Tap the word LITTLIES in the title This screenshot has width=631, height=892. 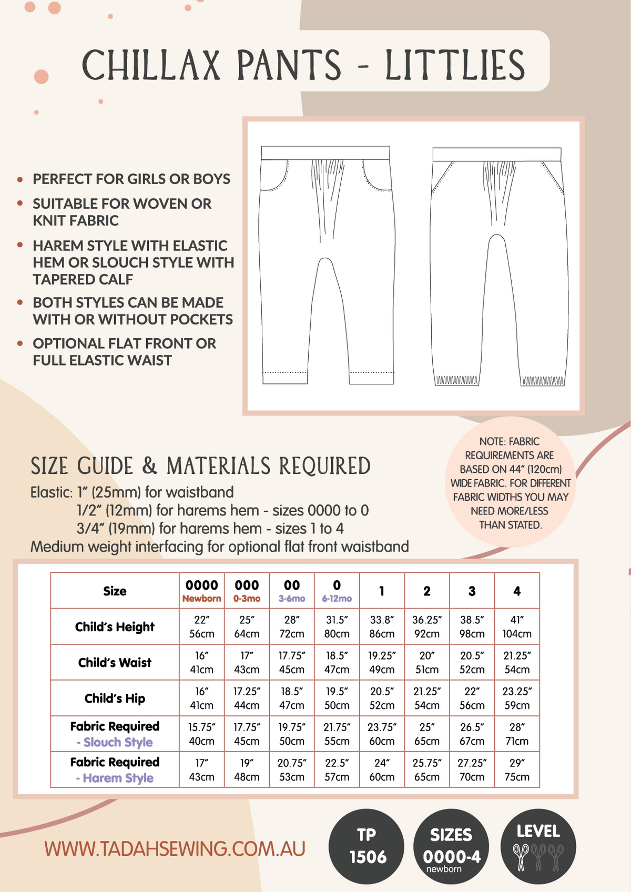click(x=455, y=65)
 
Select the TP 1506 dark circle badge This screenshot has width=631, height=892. click(x=367, y=846)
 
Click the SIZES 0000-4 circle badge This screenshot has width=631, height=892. click(x=451, y=846)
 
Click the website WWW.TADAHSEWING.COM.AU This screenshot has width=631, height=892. click(x=175, y=849)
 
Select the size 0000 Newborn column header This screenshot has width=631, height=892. click(x=202, y=591)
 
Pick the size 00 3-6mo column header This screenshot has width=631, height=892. click(x=292, y=591)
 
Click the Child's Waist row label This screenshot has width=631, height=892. click(x=115, y=663)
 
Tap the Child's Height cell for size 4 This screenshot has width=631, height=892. click(x=517, y=626)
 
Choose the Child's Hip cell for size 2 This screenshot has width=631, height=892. click(x=427, y=698)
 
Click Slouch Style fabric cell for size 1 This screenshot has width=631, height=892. click(x=382, y=734)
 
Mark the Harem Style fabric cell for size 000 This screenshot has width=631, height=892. click(x=247, y=769)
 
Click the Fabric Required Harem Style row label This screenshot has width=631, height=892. click(x=115, y=769)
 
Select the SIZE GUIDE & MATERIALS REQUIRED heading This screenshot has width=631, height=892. click(x=200, y=467)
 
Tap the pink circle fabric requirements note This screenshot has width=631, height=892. click(x=510, y=483)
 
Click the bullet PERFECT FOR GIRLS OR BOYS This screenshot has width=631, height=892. click(x=131, y=179)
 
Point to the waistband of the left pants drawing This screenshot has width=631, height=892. click(x=325, y=153)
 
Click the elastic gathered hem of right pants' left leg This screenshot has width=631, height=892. click(x=456, y=380)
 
